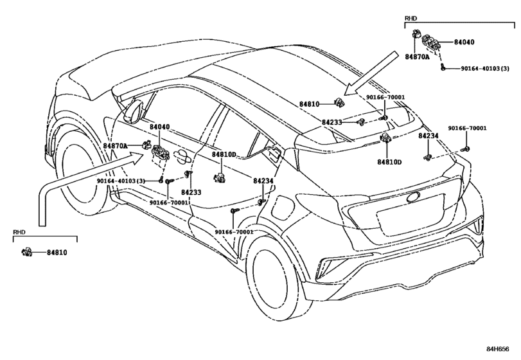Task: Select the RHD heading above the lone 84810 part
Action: tap(19, 231)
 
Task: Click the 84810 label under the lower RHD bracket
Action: tap(56, 253)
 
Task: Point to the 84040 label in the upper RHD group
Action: tap(464, 42)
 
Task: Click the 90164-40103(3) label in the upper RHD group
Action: tap(485, 68)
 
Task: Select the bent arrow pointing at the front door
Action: tap(71, 186)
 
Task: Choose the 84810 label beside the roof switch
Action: tap(309, 104)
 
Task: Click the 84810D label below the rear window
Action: tap(389, 162)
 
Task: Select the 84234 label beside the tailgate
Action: tap(428, 136)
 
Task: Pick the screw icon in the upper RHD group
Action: tap(444, 67)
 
